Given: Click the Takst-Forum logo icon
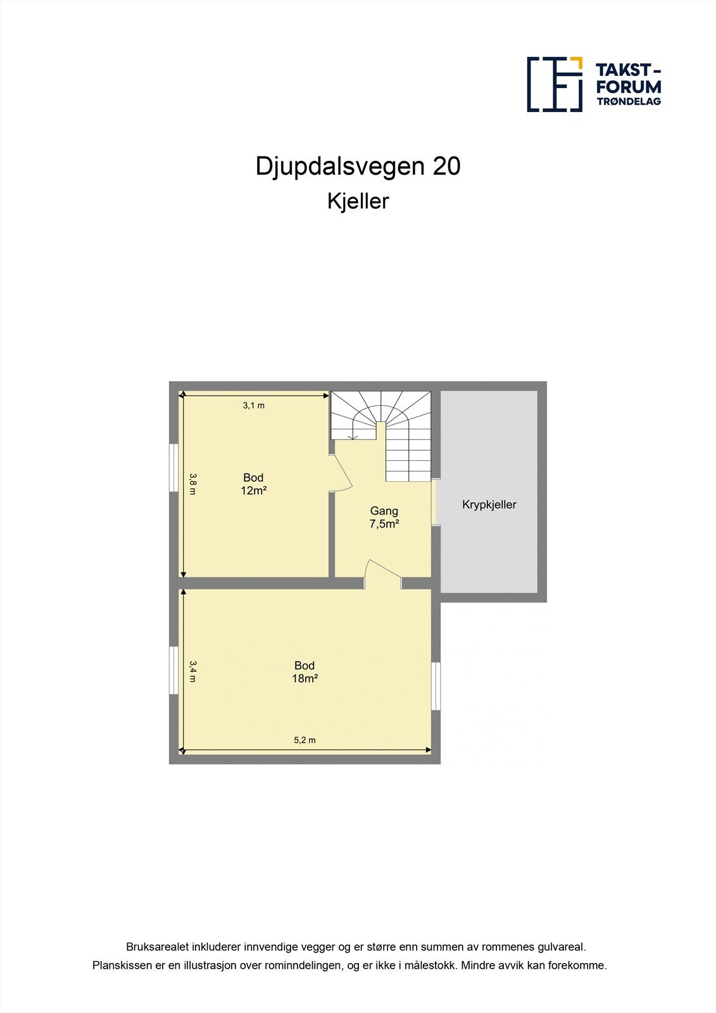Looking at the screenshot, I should pyautogui.click(x=555, y=84).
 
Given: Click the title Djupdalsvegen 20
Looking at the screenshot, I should pyautogui.click(x=358, y=167).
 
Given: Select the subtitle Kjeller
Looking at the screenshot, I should pyautogui.click(x=358, y=201).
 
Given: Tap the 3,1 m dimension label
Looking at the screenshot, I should pyautogui.click(x=253, y=406).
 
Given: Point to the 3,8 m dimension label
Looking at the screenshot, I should pyautogui.click(x=193, y=484).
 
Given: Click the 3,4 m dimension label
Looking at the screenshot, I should pyautogui.click(x=193, y=671).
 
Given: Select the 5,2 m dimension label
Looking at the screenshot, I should pyautogui.click(x=305, y=740).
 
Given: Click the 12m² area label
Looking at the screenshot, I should pyautogui.click(x=253, y=491).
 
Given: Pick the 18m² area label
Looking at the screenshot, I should pyautogui.click(x=305, y=679).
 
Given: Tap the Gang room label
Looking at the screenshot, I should pyautogui.click(x=384, y=511).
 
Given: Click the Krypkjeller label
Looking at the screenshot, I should pyautogui.click(x=489, y=505).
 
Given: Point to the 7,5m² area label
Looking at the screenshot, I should pyautogui.click(x=384, y=524).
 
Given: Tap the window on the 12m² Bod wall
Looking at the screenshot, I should pyautogui.click(x=173, y=467).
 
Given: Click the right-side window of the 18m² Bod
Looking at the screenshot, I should pyautogui.click(x=436, y=686).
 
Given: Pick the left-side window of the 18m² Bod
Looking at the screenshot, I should pyautogui.click(x=173, y=670).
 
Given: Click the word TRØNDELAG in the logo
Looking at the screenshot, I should pyautogui.click(x=629, y=101).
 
